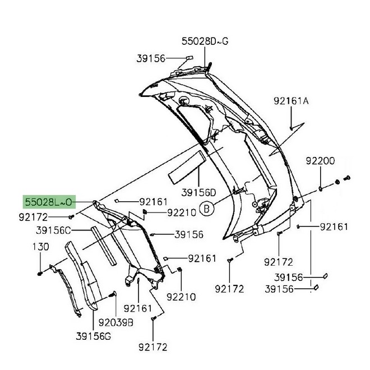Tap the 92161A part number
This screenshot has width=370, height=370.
pyautogui.click(x=292, y=101)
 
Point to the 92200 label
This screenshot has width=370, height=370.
pyautogui.click(x=320, y=161)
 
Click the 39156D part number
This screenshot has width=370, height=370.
pyautogui.click(x=198, y=192)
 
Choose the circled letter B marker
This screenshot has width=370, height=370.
pyautogui.click(x=207, y=209)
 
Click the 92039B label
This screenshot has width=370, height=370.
pyautogui.click(x=115, y=322)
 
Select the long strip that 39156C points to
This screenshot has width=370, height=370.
pyautogui.click(x=105, y=246)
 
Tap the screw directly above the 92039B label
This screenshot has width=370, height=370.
pyautogui.click(x=114, y=293)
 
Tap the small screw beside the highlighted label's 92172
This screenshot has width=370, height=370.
pyautogui.click(x=71, y=216)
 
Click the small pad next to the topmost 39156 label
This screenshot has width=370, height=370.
pyautogui.click(x=189, y=57)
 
